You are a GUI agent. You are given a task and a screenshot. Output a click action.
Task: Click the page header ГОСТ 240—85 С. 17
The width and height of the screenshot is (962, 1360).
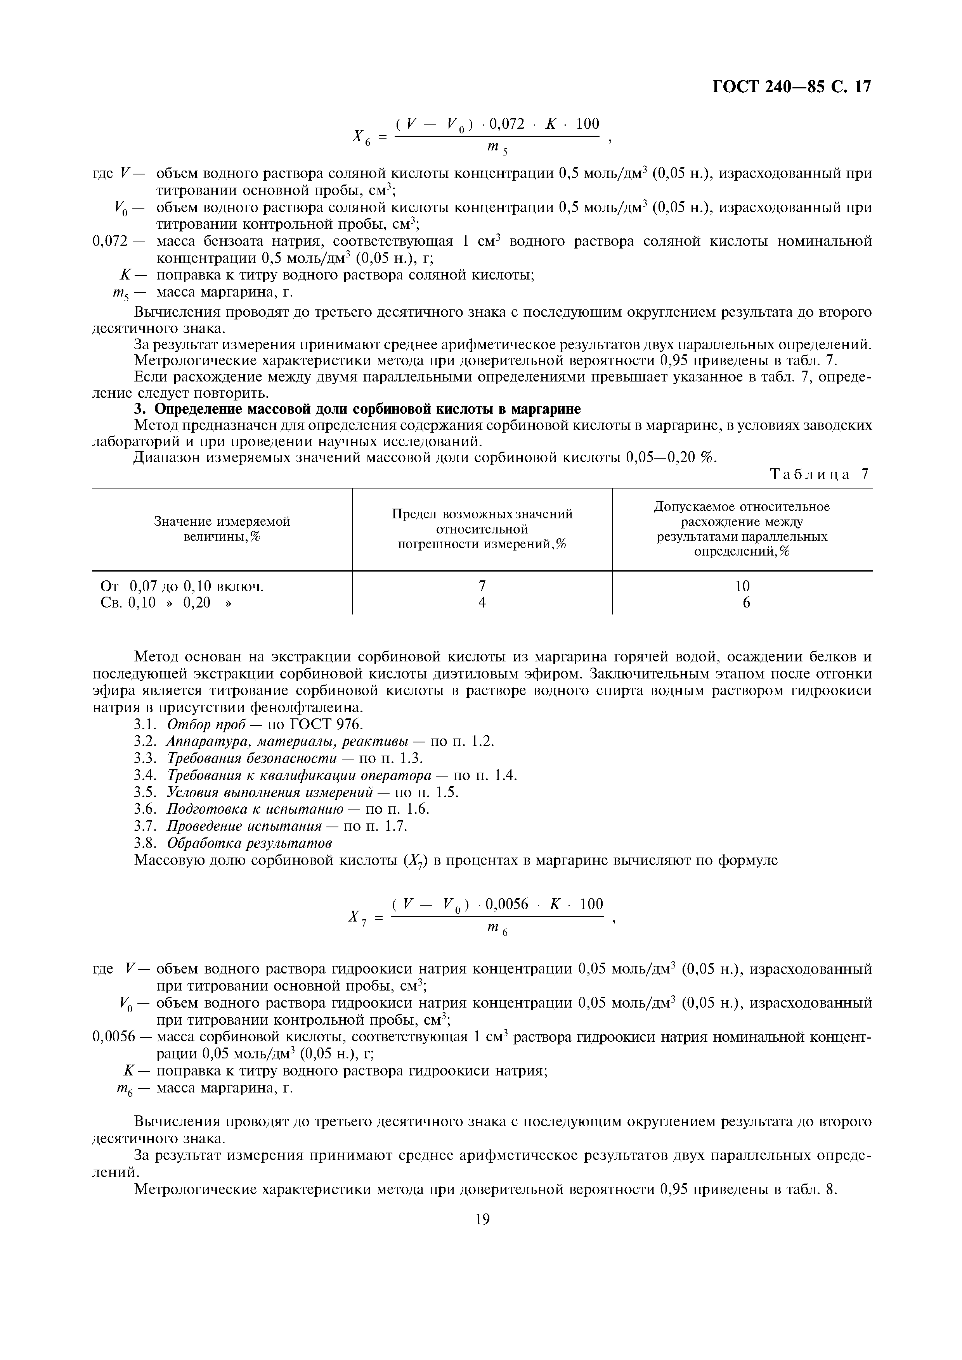pyautogui.click(x=791, y=87)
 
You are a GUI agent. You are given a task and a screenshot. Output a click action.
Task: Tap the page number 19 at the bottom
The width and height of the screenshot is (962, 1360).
pyautogui.click(x=482, y=1219)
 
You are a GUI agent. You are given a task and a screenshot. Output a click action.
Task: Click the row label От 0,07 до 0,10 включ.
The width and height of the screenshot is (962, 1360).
pyautogui.click(x=182, y=587)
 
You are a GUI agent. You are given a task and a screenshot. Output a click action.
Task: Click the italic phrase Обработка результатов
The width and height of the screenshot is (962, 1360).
pyautogui.click(x=249, y=843)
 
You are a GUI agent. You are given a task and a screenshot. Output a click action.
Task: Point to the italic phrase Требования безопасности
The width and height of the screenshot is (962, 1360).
pyautogui.click(x=252, y=759)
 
